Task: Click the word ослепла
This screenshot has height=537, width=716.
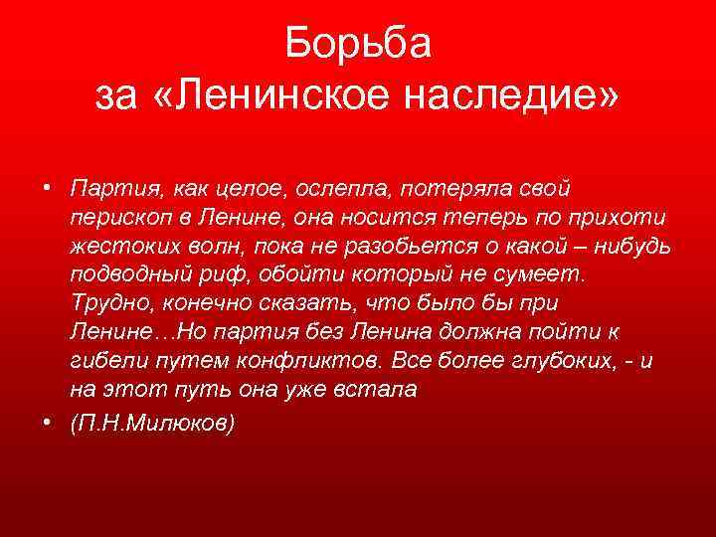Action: point(320,188)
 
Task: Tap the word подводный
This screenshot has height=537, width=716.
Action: point(125,273)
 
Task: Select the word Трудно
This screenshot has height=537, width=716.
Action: point(108,302)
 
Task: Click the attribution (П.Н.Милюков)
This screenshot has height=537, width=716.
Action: point(153,423)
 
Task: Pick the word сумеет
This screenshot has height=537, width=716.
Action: point(546,273)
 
